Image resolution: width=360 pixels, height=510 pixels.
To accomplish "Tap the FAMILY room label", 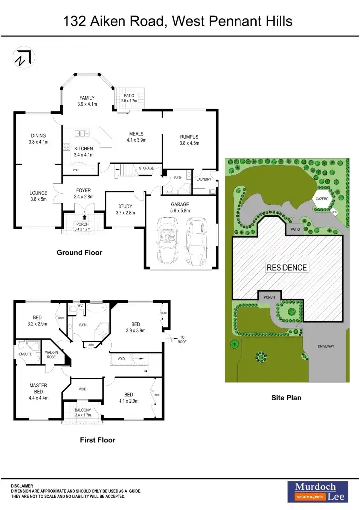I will click(x=87, y=98).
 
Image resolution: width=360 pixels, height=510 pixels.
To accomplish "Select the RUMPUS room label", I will click(x=189, y=137).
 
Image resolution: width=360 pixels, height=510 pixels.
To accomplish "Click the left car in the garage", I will click(x=168, y=241).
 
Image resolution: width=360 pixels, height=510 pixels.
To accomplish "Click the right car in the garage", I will click(x=197, y=241).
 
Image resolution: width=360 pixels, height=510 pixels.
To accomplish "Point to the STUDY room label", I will click(x=125, y=206).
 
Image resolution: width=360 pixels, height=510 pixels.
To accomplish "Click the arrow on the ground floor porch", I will click(x=83, y=217).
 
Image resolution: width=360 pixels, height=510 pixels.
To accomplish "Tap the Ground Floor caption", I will click(x=79, y=253).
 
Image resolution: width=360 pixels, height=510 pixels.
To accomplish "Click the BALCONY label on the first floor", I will click(x=83, y=410).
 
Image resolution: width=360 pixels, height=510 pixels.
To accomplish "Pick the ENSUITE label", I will click(x=25, y=354).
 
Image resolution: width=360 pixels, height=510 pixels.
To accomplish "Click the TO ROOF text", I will click(x=182, y=340).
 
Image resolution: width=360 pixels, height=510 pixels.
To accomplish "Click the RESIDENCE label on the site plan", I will click(x=286, y=267).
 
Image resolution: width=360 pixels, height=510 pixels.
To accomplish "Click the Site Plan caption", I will click(x=286, y=398).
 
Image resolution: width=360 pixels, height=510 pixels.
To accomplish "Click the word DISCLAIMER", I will click(x=22, y=486).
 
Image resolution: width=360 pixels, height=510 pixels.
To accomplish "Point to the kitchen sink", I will click(x=81, y=133).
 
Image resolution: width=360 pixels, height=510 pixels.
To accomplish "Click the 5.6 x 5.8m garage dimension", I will click(x=180, y=211).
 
